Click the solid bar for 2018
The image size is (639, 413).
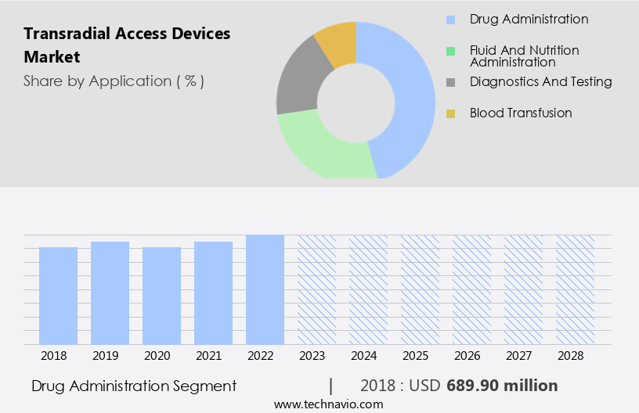(x=58, y=296)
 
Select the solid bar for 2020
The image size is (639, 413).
(x=161, y=296)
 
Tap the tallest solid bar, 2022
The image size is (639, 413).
(x=265, y=289)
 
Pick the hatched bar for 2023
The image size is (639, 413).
(x=316, y=289)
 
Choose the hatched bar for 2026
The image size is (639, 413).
(x=471, y=289)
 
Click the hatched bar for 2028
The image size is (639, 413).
(x=575, y=289)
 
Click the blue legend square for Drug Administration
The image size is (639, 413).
(x=450, y=20)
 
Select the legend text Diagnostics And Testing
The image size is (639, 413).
(x=540, y=81)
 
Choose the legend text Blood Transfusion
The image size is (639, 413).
(x=521, y=113)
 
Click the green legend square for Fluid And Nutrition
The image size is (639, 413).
(x=450, y=51)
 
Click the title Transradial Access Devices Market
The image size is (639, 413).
(x=127, y=45)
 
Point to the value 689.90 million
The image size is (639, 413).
(x=502, y=386)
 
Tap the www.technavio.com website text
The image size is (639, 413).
(x=328, y=404)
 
